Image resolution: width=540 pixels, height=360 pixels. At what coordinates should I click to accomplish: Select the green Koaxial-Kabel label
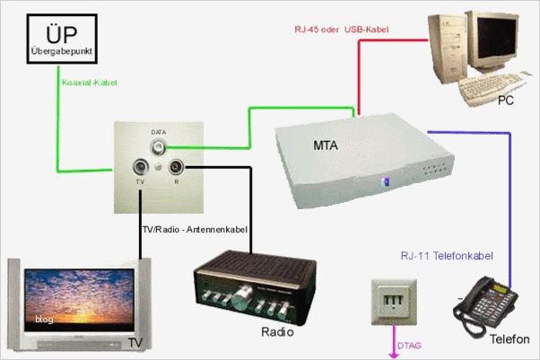pos(90,83)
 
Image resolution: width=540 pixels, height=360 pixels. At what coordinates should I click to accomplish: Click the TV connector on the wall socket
pos(141,167)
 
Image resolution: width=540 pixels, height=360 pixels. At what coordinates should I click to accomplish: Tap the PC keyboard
pos(489,86)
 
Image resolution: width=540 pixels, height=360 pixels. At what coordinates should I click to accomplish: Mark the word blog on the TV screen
pos(44,319)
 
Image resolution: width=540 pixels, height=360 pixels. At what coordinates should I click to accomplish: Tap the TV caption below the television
pos(135,342)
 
